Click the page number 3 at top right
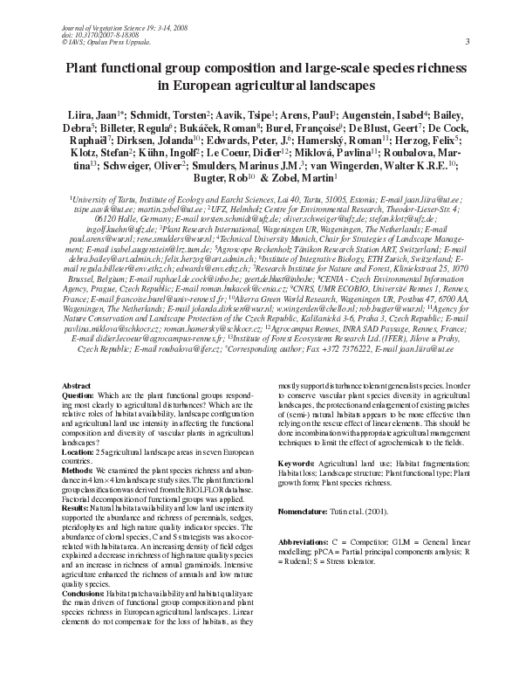pos(468,42)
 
